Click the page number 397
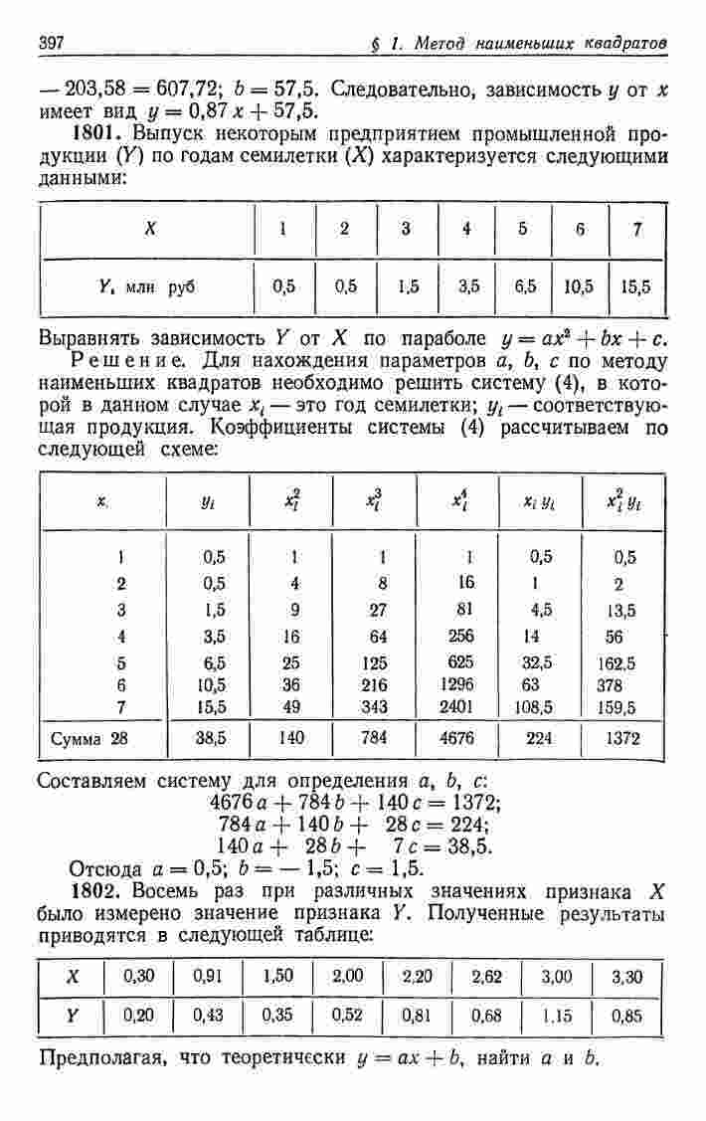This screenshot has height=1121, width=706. point(52,43)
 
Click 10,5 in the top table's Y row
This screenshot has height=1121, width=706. point(579,286)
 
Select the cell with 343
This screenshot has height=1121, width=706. point(382,706)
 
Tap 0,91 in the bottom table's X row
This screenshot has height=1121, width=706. point(207,977)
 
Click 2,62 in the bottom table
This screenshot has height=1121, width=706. point(487,977)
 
